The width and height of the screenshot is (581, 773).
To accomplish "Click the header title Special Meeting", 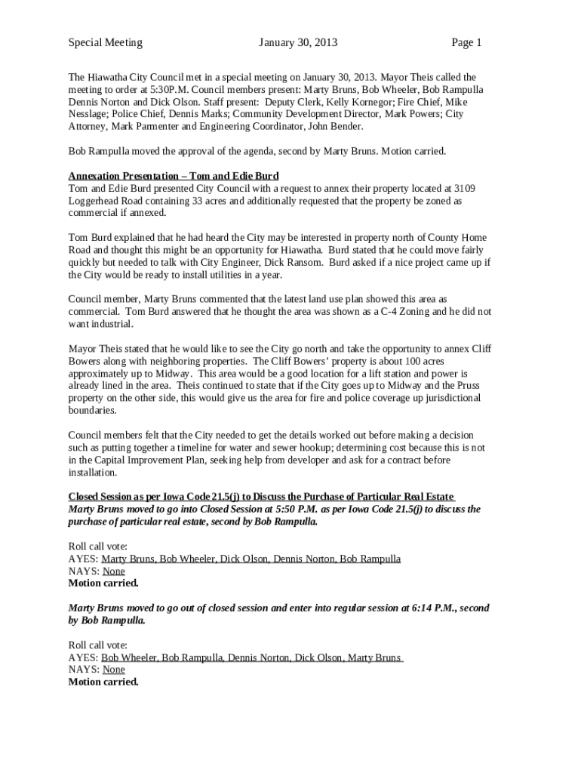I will [105, 42].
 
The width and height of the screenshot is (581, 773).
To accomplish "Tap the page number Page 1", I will [466, 42].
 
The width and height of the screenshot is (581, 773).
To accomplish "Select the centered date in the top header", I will [298, 42].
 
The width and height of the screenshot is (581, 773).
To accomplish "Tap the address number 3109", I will [461, 188].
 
